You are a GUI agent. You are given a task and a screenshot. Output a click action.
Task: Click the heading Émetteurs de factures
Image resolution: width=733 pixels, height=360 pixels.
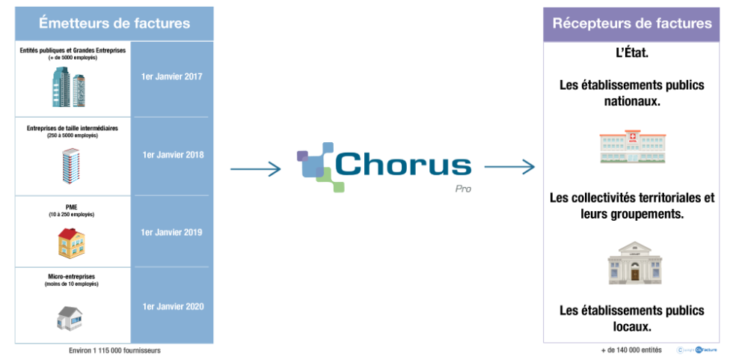pos(114,23)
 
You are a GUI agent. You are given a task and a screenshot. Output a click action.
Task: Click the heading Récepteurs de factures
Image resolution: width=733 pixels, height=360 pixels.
pos(632,23)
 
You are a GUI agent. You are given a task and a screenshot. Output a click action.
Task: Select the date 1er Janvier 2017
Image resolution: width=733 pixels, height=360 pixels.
pos(172,77)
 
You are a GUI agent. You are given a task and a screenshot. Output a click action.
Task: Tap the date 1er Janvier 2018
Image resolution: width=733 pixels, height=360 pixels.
pos(172,155)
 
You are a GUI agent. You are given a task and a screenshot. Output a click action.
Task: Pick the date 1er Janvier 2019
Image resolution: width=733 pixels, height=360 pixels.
pos(172,232)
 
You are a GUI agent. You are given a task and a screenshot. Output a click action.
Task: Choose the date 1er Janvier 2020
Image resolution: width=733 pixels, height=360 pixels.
pos(172,305)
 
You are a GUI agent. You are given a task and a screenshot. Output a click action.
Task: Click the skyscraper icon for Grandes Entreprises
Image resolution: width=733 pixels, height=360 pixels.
pos(71,86)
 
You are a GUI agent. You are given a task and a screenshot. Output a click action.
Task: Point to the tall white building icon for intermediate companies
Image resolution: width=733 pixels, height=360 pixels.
pos(71,165)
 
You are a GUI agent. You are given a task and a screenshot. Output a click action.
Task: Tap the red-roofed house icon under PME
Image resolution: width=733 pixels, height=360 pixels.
pos(72,242)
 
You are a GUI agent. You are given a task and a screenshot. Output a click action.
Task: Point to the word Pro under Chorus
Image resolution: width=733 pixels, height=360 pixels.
pos(463,189)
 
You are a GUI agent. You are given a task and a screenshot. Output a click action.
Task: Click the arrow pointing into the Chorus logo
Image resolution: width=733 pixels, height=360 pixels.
pos(255,169)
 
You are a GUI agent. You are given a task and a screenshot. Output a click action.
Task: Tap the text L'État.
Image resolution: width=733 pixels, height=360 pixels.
pos(631,55)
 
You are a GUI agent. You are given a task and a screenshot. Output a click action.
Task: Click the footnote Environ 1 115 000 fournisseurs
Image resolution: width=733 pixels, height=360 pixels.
pos(114,350)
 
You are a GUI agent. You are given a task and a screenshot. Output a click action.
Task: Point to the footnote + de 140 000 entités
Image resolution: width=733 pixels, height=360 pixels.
pos(631,350)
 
